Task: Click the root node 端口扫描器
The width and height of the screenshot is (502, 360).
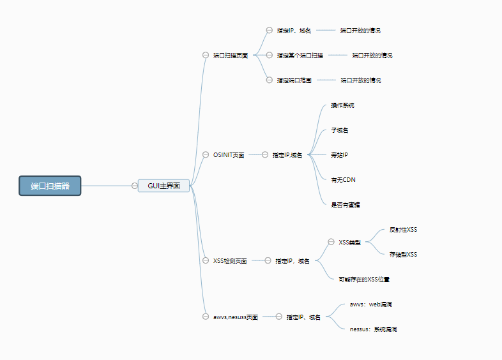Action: (50, 186)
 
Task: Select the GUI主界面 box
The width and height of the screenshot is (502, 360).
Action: (164, 186)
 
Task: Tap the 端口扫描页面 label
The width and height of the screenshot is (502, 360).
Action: (231, 56)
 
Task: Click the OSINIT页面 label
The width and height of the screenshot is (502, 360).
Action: (229, 154)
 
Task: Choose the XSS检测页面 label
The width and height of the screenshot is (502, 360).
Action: (230, 260)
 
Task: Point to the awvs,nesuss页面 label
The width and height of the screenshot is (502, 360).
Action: (236, 317)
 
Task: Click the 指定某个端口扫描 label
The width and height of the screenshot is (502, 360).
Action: (300, 56)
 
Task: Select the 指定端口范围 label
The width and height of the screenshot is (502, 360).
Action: (294, 80)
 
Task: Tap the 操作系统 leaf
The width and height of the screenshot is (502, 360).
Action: (342, 105)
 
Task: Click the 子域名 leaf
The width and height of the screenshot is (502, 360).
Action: (339, 130)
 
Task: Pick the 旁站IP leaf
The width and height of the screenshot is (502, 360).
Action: (339, 154)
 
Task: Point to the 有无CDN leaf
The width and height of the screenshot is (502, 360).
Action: (343, 179)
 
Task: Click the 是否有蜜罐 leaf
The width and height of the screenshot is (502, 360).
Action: (345, 204)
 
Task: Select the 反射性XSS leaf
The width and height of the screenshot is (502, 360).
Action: (403, 229)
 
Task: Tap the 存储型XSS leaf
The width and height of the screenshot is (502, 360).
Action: (403, 254)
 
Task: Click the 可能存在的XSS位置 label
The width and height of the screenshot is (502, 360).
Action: (364, 279)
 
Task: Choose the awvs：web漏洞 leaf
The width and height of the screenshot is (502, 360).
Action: (371, 304)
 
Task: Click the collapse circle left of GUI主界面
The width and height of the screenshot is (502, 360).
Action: (134, 186)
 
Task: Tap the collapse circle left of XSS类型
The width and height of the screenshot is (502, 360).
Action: (331, 242)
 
